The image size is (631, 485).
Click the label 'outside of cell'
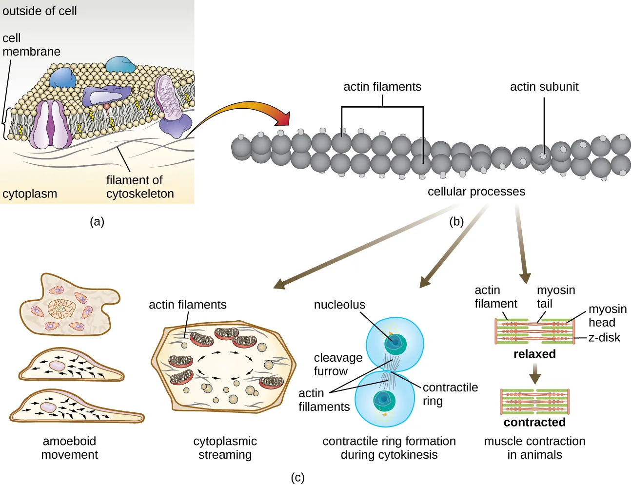pos(39,11)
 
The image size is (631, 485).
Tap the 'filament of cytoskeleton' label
pos(140,187)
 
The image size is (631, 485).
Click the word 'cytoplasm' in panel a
pos(30,194)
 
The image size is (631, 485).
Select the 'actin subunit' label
pos(544,87)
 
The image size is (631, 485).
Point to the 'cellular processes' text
pos(476,192)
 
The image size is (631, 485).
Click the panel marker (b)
pos(456,222)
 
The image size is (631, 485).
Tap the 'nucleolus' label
pos(339,305)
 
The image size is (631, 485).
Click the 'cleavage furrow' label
pos(337,364)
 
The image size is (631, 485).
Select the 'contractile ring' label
pos(450,394)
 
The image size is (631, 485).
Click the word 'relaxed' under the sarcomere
pos(534,354)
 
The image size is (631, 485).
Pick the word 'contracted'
pos(534,422)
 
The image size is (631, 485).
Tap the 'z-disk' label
pos(604,337)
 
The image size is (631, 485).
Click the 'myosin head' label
pos(607,315)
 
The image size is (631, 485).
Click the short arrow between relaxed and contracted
pos(535,374)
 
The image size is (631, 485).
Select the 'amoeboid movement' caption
pos(69,447)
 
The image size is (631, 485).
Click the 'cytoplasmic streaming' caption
pos(225,447)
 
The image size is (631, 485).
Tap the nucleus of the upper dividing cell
pos(395,344)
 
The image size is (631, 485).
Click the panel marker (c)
pos(297,478)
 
